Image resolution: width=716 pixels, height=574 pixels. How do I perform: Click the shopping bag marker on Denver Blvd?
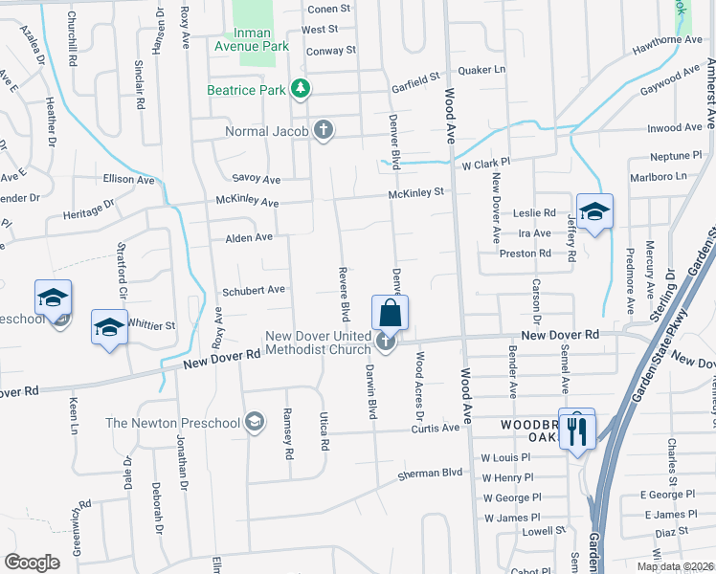click(390, 313)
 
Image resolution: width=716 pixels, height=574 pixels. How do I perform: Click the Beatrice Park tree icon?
click(302, 90)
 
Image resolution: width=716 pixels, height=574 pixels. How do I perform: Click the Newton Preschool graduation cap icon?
click(255, 422)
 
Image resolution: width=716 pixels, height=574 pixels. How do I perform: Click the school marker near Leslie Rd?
click(593, 211)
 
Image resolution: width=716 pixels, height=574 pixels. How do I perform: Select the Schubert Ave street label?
click(254, 289)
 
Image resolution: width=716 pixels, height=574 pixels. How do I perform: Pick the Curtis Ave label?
click(436, 428)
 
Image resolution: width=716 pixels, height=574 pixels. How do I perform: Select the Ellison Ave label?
click(128, 179)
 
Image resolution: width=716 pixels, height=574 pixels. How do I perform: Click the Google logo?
click(32, 562)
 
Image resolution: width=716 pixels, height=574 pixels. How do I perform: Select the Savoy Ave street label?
click(257, 179)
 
